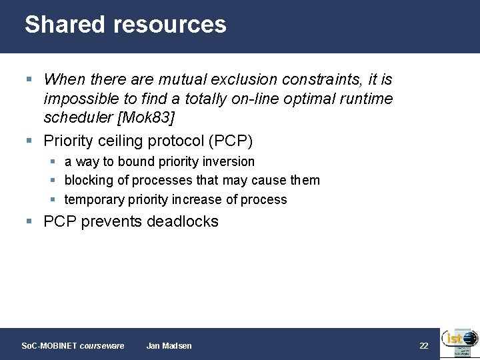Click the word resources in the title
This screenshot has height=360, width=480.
tap(170, 25)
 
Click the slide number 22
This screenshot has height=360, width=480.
tap(423, 345)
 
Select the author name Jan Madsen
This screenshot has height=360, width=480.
tap(169, 345)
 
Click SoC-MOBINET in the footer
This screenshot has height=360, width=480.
tap(49, 345)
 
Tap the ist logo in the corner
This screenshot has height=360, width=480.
tap(458, 343)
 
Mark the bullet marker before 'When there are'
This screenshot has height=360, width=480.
tap(29, 79)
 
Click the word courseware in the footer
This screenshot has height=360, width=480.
tap(102, 345)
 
